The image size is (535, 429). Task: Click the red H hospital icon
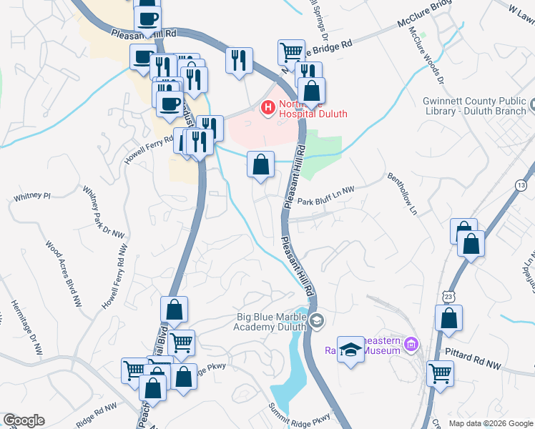pyautogui.click(x=268, y=108)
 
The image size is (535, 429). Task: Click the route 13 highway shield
pyautogui.click(x=526, y=186)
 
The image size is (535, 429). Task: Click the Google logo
pyautogui.click(x=24, y=420)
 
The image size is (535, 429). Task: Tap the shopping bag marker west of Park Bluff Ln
pyautogui.click(x=261, y=164)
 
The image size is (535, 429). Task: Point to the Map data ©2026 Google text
pyautogui.click(x=490, y=423)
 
